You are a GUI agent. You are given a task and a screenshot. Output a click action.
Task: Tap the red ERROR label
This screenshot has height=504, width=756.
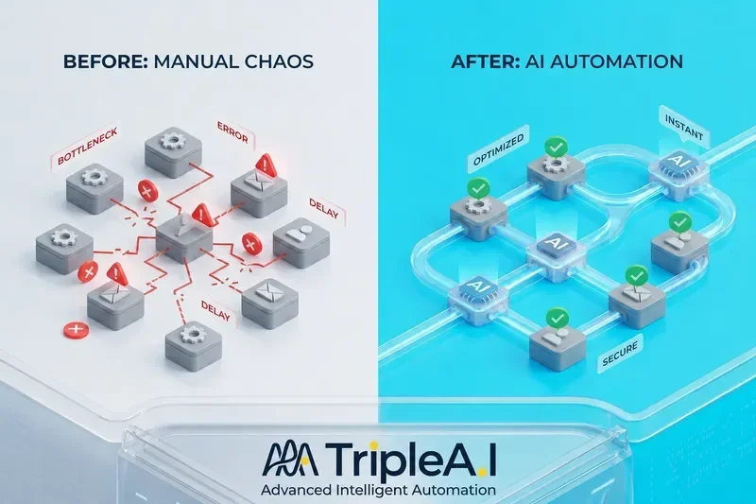tap(232, 132)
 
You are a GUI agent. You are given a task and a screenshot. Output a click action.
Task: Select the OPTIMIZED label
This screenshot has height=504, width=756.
tap(498, 150)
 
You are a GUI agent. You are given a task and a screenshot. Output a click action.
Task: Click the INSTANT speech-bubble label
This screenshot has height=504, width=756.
tap(684, 128)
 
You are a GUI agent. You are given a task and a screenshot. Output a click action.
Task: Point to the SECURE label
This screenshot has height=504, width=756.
tap(620, 353)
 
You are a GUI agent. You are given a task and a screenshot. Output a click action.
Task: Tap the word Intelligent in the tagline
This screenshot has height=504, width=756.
tap(370, 490)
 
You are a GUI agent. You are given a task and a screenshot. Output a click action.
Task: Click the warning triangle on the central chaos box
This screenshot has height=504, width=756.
tap(202, 215)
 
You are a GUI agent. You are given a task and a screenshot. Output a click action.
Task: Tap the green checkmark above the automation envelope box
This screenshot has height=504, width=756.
tap(637, 275)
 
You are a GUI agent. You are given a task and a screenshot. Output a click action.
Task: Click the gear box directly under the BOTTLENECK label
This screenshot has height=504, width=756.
tap(94, 188)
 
